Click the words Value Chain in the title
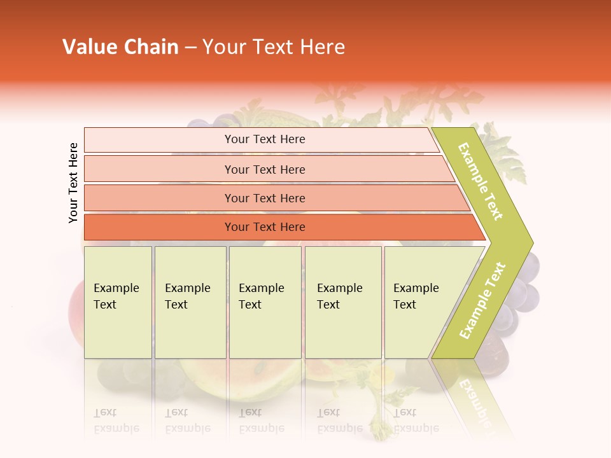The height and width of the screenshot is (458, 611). (x=120, y=47)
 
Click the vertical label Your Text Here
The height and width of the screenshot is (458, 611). (x=73, y=183)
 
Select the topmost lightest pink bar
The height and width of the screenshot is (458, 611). (x=261, y=139)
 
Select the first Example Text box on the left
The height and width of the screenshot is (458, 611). (x=118, y=303)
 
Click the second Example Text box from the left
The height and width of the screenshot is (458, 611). (x=190, y=303)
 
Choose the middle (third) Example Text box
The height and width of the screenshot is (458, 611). (x=265, y=303)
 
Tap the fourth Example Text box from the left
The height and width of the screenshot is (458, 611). (x=342, y=303)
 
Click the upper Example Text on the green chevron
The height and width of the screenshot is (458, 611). (x=481, y=181)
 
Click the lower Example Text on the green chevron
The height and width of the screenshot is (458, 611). (x=482, y=300)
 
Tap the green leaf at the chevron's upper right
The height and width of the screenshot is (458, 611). (x=506, y=153)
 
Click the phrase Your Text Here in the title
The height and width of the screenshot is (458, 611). (x=274, y=47)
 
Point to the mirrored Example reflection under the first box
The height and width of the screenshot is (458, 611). (x=116, y=428)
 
